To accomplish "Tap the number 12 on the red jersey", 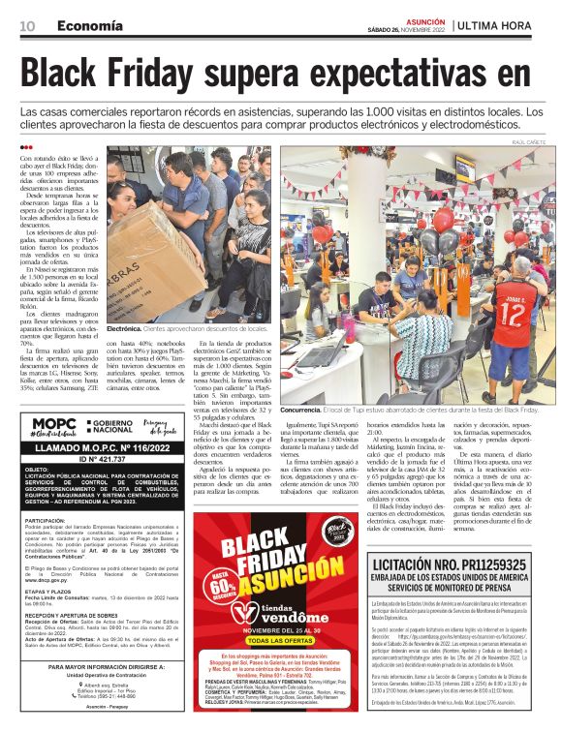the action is click(515, 315).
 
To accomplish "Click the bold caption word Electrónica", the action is click(124, 329).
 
